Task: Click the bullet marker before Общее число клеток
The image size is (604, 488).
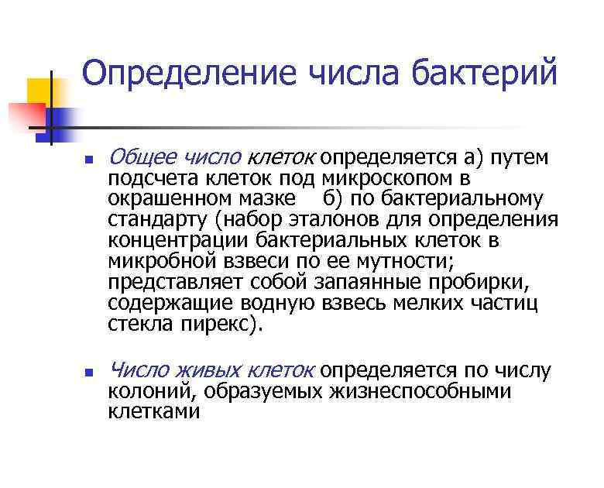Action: (x=89, y=161)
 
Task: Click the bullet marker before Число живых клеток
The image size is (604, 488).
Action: (x=89, y=373)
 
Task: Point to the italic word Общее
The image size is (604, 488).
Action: (x=139, y=158)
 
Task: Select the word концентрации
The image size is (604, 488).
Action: (x=176, y=241)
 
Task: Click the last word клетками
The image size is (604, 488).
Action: (x=153, y=412)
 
